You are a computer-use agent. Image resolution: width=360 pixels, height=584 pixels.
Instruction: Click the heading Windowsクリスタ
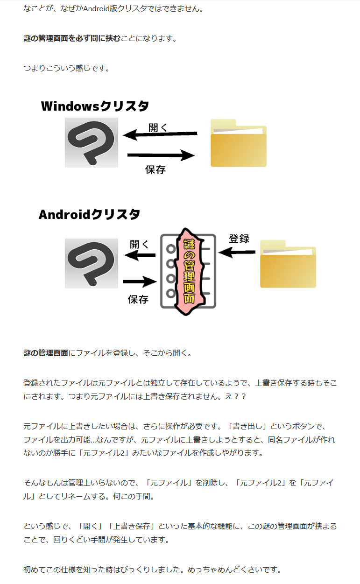coord(95,106)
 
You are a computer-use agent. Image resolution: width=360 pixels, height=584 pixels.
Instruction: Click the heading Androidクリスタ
coord(89,214)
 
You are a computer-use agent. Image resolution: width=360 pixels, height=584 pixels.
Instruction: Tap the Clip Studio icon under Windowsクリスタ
coord(91,142)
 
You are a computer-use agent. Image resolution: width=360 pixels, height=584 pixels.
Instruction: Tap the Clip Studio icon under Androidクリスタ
coord(91,263)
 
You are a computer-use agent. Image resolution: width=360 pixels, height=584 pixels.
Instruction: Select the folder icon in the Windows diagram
coord(239,143)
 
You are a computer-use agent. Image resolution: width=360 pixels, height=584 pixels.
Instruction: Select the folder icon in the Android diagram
coord(288,264)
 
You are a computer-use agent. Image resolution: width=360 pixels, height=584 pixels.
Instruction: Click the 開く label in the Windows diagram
coord(158,128)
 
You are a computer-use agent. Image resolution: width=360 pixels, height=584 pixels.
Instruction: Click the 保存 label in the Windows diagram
coord(155,170)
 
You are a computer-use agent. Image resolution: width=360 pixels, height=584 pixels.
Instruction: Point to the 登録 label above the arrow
coord(239,239)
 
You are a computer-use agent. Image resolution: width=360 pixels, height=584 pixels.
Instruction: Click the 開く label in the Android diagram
coord(139,245)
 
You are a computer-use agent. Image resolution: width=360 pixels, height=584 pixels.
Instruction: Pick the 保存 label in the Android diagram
coord(138,299)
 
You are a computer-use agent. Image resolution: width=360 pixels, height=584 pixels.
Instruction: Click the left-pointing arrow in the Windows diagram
coord(160,134)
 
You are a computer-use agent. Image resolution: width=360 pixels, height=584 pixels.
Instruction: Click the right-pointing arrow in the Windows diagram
coord(161,155)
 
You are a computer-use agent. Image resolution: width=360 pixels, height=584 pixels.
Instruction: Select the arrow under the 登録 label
coord(237,252)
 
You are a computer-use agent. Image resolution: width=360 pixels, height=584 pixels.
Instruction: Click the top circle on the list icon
coord(171,249)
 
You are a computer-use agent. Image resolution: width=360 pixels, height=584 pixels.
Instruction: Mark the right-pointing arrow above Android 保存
coord(140,281)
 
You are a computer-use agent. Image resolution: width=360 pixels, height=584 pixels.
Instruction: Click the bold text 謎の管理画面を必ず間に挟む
coord(72,38)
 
